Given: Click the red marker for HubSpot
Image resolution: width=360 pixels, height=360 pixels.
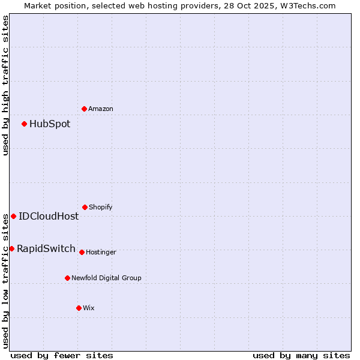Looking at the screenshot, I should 25,124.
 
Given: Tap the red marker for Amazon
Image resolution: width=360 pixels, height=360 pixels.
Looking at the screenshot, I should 85,109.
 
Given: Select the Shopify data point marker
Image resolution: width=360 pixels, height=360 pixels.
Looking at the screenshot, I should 85,207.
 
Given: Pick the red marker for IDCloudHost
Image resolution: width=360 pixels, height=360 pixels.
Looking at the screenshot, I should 13,216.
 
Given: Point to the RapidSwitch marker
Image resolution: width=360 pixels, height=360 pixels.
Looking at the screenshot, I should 11,248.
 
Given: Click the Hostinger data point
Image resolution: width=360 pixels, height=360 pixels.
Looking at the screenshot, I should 82,252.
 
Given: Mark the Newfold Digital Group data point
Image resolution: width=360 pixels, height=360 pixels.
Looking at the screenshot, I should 67,278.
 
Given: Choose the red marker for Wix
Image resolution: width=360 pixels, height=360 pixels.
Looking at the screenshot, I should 79,308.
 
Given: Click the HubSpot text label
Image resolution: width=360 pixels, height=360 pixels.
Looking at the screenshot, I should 50,124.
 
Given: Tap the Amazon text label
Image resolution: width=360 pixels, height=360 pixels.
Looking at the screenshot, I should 101,109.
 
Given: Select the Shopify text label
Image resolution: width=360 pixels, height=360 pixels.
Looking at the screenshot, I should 101,208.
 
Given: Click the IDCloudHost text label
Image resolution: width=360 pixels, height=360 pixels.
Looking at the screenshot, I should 49,217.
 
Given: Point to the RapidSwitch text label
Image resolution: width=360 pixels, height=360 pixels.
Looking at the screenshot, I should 46,249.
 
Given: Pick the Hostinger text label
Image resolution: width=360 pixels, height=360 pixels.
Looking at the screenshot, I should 101,253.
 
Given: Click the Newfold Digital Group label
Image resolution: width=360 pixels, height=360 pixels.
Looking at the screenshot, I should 106,278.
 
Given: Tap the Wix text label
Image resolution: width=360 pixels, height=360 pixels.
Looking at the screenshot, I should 89,308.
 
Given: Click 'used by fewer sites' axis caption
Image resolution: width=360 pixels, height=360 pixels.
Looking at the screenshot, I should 62,355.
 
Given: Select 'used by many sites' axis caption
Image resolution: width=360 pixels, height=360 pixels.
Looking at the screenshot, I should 301,355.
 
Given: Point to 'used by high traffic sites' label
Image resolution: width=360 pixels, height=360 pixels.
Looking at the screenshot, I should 5,85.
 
